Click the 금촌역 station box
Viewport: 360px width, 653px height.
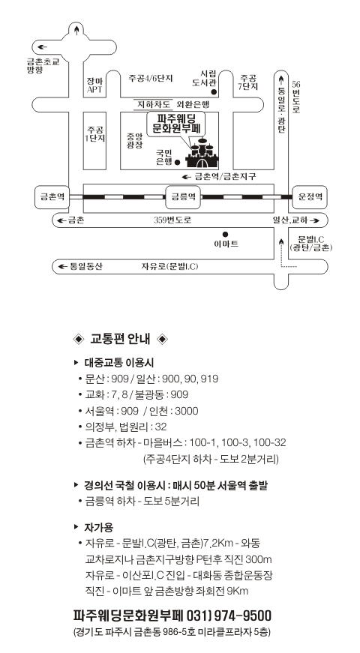point(52,196)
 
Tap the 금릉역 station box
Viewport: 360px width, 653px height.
point(183,196)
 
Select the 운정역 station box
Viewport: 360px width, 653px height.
point(310,196)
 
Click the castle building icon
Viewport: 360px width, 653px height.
point(202,153)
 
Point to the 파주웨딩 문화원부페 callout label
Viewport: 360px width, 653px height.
point(176,124)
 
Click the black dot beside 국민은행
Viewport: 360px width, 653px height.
point(177,162)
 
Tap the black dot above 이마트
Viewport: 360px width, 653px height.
point(226,235)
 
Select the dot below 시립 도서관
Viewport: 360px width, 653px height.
point(214,91)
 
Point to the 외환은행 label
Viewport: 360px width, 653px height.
point(193,104)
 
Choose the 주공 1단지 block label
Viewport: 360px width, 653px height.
point(95,133)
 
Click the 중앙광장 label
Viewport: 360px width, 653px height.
point(135,141)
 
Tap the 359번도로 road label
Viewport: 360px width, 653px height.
point(172,220)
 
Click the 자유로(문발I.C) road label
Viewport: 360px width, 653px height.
point(169,267)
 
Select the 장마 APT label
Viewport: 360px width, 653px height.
point(94,85)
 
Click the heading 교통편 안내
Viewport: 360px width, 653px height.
point(120,339)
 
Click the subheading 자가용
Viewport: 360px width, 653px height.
point(99,528)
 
